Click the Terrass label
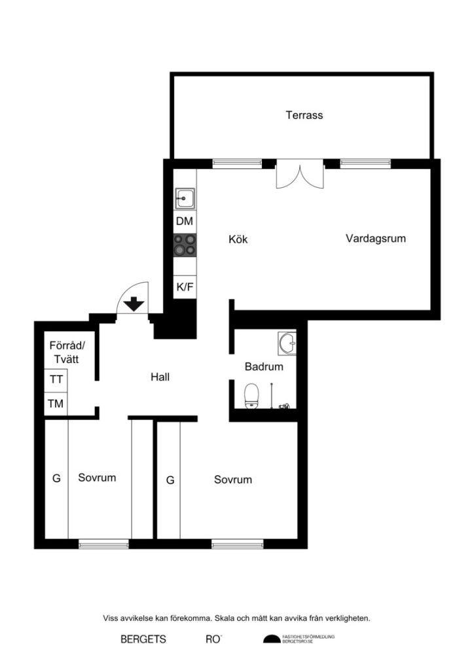304,115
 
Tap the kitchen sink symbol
185,197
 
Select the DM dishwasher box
185,221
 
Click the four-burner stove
185,244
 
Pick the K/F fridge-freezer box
185,287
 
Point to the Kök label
238,239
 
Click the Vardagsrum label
375,239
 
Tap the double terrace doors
299,175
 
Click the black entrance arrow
135,304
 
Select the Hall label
160,377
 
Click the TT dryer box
56,379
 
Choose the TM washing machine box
56,404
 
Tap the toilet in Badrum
251,396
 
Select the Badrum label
263,367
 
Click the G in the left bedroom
56,478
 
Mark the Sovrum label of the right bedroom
232,480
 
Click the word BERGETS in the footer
143,639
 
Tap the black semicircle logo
271,639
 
